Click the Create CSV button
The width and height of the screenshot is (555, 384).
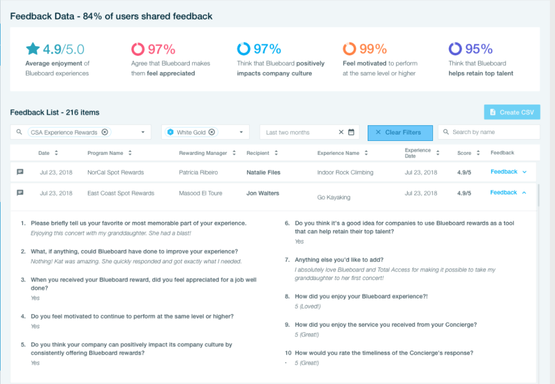(x=512, y=112)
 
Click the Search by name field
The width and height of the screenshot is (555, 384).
(x=489, y=132)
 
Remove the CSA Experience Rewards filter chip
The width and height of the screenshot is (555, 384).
(x=105, y=132)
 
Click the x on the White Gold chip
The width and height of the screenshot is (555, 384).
(x=212, y=132)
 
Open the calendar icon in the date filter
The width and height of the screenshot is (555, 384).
(x=351, y=132)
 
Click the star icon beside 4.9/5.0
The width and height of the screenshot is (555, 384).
(x=32, y=49)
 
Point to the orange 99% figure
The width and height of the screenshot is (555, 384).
(x=373, y=49)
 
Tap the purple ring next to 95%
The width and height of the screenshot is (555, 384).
(x=455, y=49)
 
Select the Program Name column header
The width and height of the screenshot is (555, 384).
(x=105, y=153)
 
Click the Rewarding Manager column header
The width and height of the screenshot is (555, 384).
(x=203, y=153)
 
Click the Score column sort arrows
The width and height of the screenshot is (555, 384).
(x=478, y=153)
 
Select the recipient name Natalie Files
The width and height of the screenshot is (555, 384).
(x=264, y=172)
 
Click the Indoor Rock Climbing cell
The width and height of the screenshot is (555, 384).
(x=345, y=172)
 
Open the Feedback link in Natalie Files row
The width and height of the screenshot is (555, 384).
(x=504, y=172)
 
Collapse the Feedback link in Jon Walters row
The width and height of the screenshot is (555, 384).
(x=504, y=192)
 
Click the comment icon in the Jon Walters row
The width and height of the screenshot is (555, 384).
(x=20, y=193)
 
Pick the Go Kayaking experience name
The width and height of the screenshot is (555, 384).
(x=334, y=197)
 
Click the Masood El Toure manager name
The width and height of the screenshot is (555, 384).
(x=201, y=193)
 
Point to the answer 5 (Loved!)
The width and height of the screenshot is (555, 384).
(x=308, y=306)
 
